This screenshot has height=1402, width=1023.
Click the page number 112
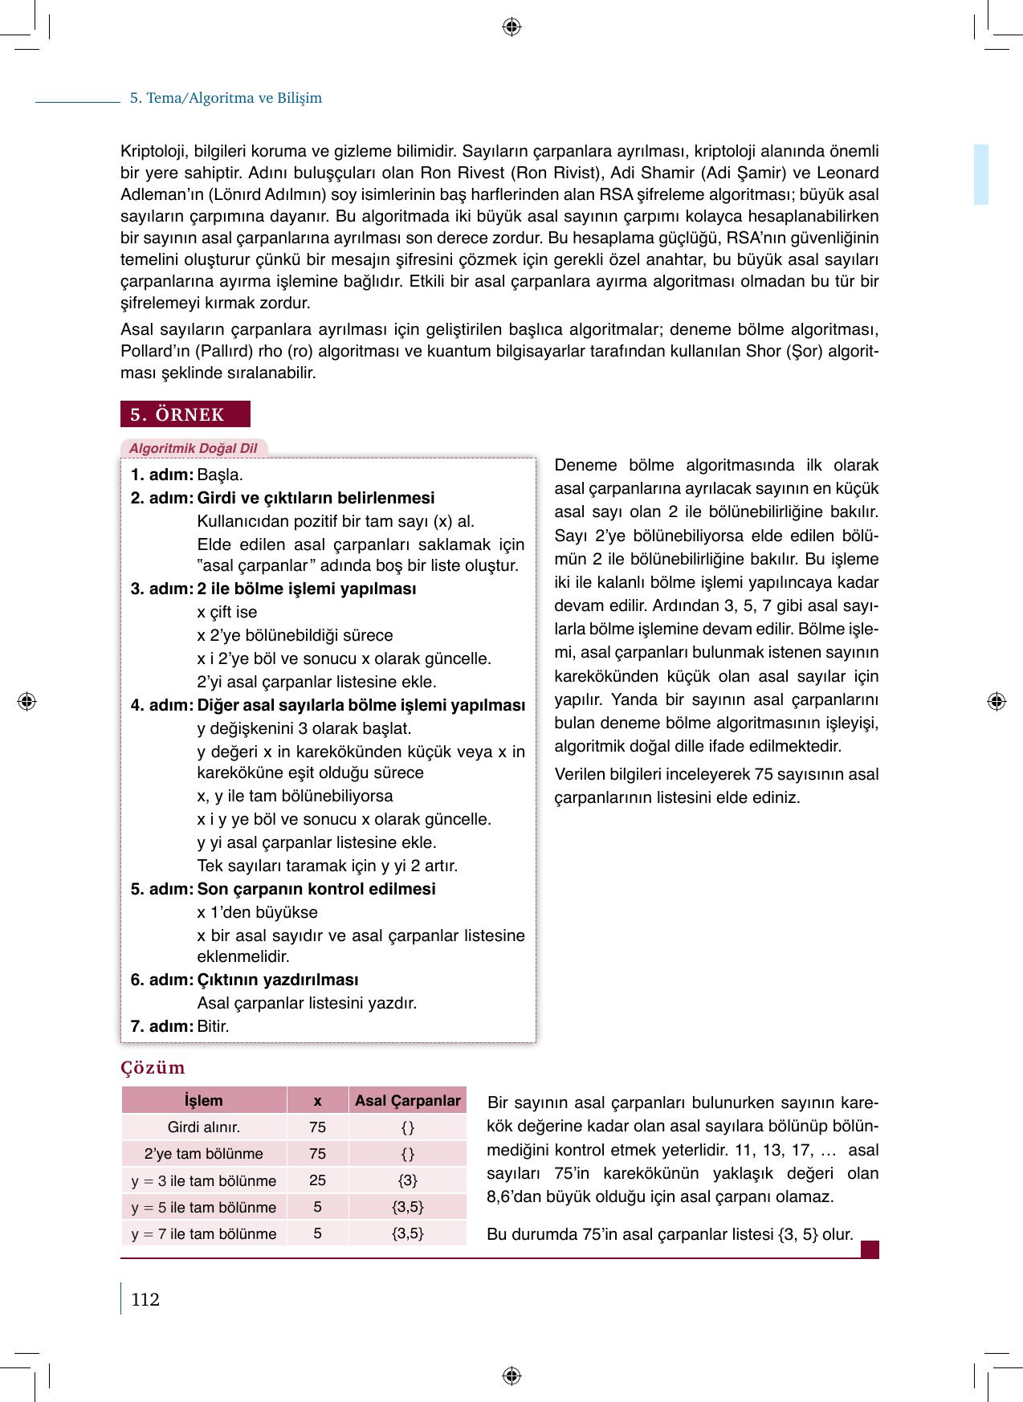[145, 1300]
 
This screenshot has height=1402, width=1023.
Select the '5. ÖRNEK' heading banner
[185, 414]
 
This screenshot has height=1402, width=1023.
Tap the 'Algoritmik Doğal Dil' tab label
[194, 449]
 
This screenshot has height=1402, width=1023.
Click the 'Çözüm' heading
[153, 1068]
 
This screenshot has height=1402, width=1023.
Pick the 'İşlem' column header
[204, 1100]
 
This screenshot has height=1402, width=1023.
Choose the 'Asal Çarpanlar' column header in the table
[408, 1100]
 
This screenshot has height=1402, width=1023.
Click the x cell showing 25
[317, 1180]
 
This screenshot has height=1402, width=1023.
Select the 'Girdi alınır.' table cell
[204, 1127]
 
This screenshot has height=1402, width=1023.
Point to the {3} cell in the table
[408, 1180]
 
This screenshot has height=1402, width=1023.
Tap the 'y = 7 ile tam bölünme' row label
[204, 1233]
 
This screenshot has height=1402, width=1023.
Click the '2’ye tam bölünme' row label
[204, 1154]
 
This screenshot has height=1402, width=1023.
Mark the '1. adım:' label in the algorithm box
[162, 475]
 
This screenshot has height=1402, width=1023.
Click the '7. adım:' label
[162, 1026]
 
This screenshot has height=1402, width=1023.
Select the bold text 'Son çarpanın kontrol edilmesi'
[316, 889]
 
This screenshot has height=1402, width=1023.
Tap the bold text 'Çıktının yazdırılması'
[278, 980]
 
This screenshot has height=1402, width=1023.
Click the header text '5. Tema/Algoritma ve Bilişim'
[226, 98]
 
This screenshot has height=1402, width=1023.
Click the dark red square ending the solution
[870, 1249]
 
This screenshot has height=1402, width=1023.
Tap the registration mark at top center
[511, 27]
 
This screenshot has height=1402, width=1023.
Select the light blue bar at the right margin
[981, 174]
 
